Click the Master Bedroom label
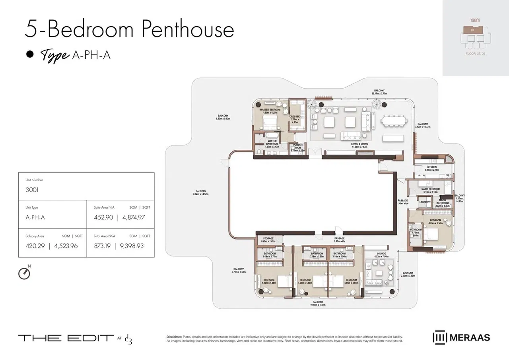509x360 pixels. point(270,110)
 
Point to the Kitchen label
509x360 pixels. point(432,167)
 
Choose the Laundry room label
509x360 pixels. point(424,202)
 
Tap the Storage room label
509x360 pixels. point(268,239)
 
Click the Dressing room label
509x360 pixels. point(295,117)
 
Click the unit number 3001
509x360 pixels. point(32,190)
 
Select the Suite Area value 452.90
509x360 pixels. point(103,217)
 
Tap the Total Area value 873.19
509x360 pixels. point(102,246)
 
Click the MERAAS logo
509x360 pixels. point(461,338)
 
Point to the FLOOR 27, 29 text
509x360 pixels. point(476,53)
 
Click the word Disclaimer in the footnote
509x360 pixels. point(174,337)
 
